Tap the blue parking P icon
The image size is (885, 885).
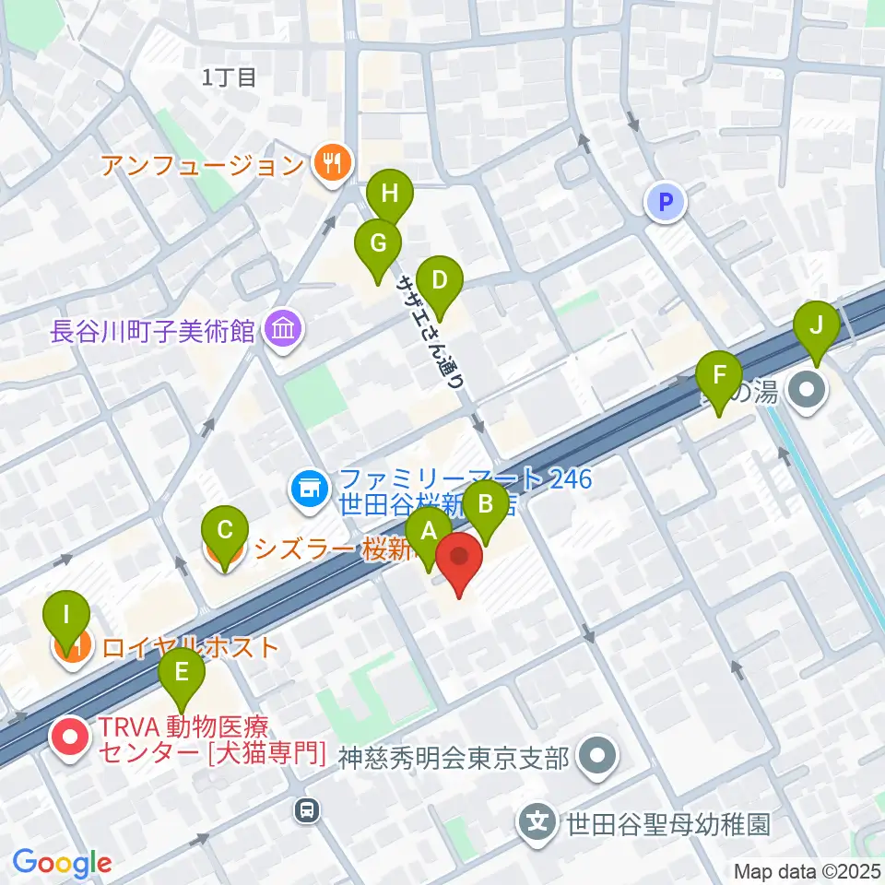tap(666, 202)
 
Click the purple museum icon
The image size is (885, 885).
tap(281, 328)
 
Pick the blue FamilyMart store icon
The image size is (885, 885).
tap(310, 489)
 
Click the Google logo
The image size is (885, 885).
tap(62, 863)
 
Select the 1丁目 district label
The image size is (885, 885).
tap(230, 77)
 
